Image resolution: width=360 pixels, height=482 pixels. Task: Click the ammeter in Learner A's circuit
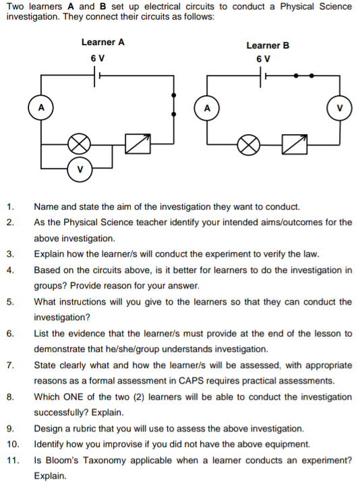41,107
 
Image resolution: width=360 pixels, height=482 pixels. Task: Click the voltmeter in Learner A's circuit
80,168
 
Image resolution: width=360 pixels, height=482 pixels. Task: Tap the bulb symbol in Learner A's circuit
80,143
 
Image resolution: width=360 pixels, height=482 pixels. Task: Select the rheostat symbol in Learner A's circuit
137,142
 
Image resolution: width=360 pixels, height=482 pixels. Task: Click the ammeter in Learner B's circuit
207,107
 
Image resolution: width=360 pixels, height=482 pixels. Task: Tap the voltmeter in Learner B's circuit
339,107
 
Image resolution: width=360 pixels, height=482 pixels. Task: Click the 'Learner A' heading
102,42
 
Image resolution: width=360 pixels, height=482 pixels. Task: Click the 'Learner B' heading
268,45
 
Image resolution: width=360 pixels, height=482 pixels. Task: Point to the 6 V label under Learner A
97,58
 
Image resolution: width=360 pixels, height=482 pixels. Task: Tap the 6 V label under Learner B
264,59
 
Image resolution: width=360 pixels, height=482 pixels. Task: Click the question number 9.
9,429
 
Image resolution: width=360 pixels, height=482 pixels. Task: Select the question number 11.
12,460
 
